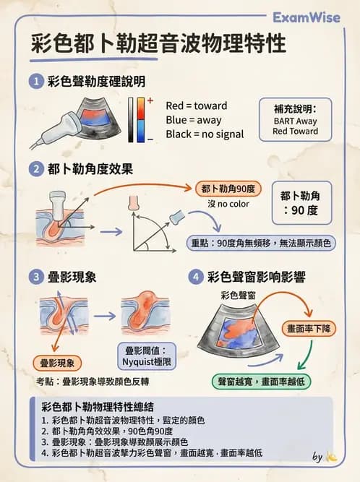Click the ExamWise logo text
312,17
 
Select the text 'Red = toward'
196,105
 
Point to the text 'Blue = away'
193,119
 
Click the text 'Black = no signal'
205,134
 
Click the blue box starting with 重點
260,243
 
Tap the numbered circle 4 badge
195,276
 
